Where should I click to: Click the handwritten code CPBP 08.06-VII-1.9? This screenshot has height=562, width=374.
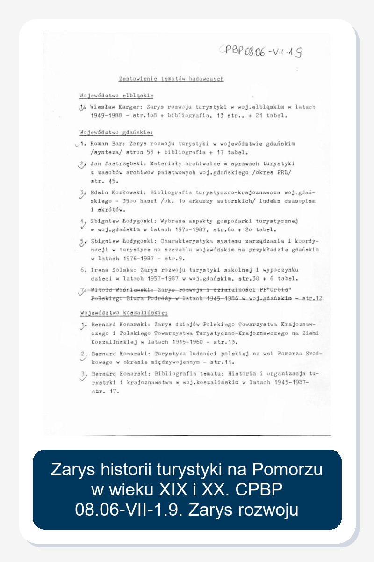coord(260,51)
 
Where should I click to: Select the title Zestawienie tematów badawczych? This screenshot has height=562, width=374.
coord(171,79)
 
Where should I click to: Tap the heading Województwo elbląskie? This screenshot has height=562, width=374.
coord(116,96)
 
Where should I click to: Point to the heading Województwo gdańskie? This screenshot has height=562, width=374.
coord(116,132)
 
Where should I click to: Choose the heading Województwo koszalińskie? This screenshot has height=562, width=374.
coord(123,313)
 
